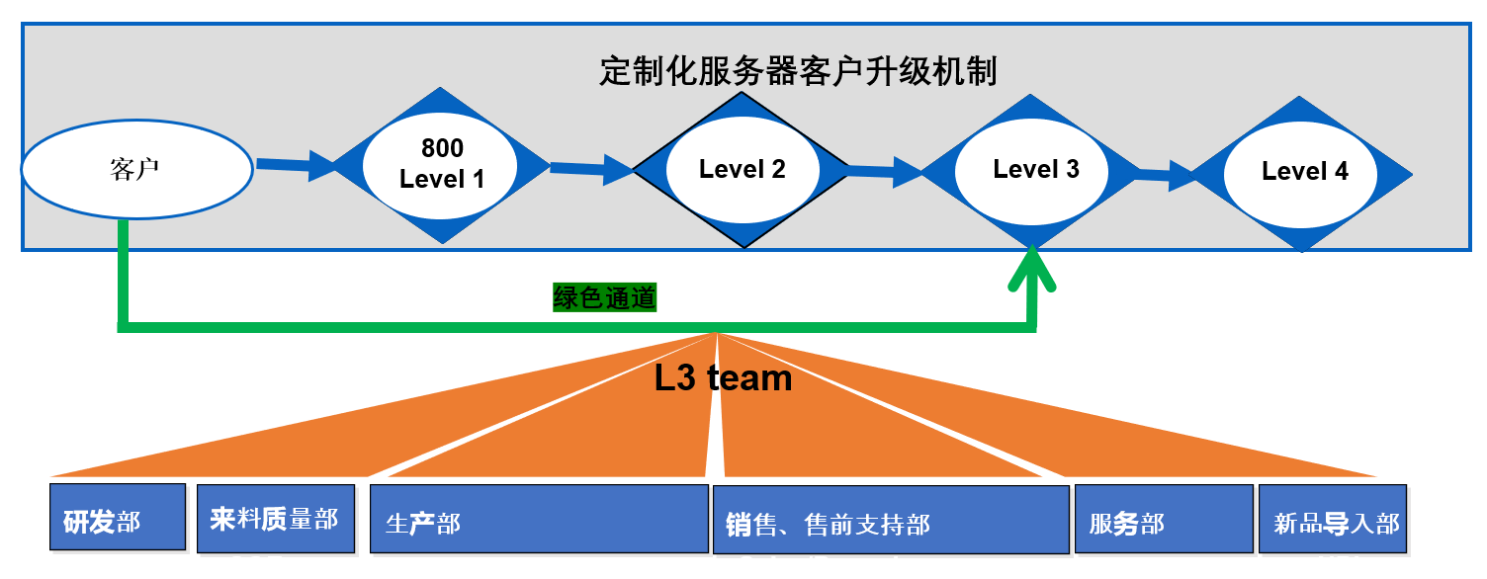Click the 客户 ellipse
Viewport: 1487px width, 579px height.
click(135, 170)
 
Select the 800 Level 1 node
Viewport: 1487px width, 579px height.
click(442, 165)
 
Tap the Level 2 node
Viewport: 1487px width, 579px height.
click(742, 169)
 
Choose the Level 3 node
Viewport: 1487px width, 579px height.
click(1035, 169)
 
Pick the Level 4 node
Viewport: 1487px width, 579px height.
click(1305, 172)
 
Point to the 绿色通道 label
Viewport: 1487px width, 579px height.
click(604, 297)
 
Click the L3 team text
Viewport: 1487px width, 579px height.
click(724, 378)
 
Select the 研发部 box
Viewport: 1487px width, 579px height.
click(118, 517)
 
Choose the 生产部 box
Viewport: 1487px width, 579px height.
click(538, 519)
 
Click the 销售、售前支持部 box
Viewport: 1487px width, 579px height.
click(891, 520)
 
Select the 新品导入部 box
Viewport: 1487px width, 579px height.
click(1333, 520)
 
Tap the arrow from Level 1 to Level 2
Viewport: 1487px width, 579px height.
click(590, 169)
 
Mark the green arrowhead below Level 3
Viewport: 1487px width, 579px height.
click(1032, 270)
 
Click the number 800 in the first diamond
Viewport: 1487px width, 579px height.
click(442, 149)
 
